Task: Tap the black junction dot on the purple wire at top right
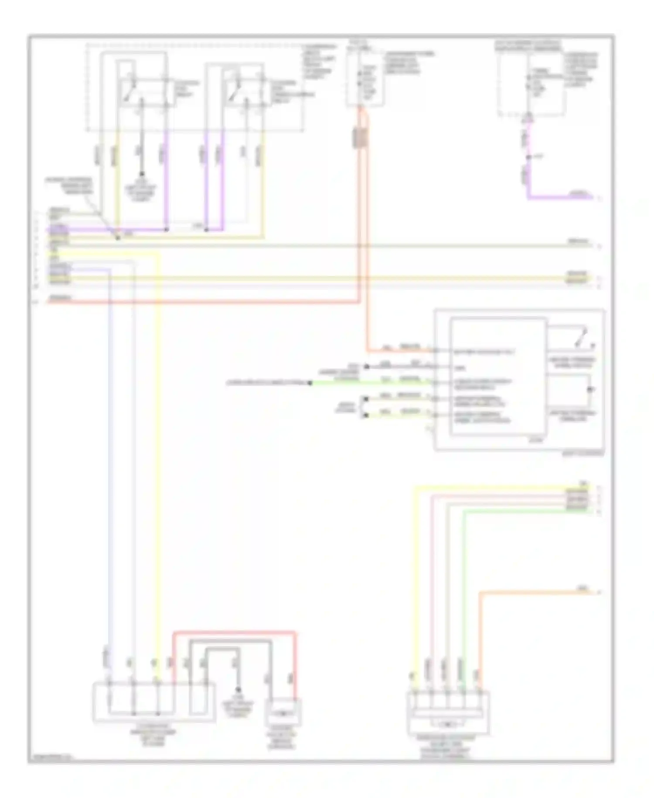point(528,157)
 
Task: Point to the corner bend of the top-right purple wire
point(529,198)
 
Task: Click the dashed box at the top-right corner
point(531,81)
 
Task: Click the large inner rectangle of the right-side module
point(498,376)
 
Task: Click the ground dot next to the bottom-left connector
point(238,690)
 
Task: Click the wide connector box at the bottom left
point(153,702)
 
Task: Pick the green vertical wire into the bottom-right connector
point(464,589)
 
